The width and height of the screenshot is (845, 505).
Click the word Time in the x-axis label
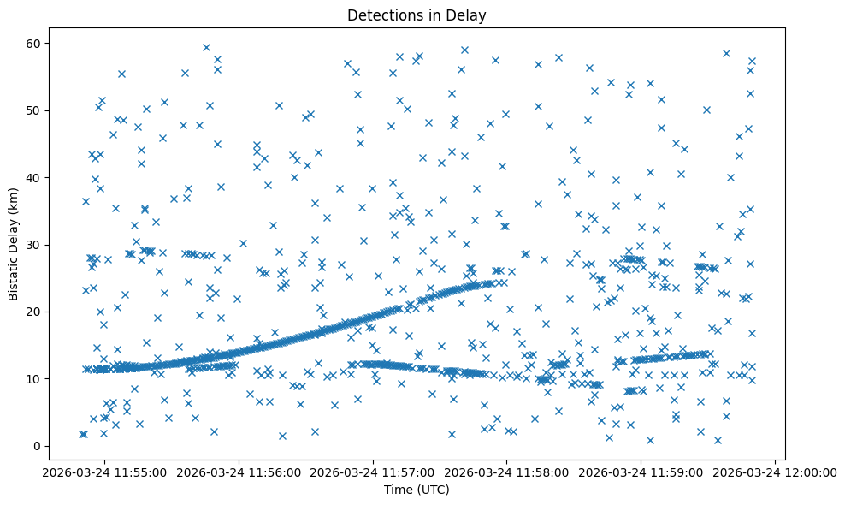395,490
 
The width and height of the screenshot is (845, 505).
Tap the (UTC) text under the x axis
433,490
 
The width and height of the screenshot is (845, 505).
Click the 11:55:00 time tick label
105,472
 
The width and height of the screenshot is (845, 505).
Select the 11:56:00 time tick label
239,472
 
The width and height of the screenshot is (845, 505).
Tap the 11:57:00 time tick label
374,472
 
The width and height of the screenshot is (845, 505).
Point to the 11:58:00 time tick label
507,472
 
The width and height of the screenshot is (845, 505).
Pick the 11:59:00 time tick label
641,472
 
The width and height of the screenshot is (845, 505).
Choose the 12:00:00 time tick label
776,472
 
